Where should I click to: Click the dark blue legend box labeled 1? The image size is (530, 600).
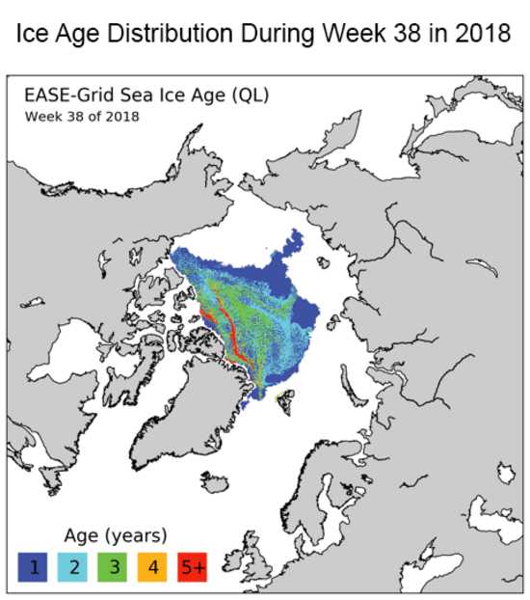(33, 566)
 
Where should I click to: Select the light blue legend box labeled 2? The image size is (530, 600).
(72, 566)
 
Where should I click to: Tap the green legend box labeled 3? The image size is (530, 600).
(112, 566)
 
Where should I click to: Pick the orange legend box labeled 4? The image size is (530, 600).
(152, 566)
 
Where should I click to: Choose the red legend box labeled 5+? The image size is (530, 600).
(192, 566)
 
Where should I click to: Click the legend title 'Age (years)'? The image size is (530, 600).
(116, 535)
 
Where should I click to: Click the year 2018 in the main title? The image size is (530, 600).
(483, 34)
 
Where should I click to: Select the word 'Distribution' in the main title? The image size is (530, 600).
(171, 34)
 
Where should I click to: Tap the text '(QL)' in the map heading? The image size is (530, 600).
(251, 95)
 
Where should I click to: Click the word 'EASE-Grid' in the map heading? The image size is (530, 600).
(69, 95)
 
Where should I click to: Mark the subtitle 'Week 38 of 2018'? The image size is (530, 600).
(82, 117)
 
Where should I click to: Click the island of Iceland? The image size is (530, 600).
(215, 481)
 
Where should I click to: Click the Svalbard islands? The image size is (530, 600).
(285, 400)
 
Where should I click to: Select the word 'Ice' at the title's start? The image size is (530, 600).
(32, 34)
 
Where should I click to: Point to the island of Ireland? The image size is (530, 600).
(234, 560)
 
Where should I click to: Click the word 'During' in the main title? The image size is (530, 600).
(278, 34)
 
